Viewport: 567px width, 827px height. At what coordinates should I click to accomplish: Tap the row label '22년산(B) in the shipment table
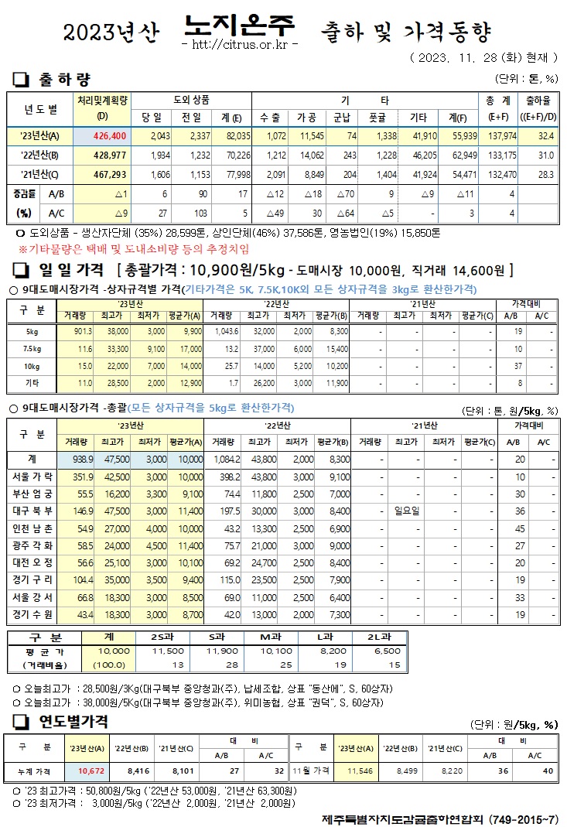pyautogui.click(x=39, y=155)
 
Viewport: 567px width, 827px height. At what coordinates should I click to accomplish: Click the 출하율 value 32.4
pyautogui.click(x=545, y=136)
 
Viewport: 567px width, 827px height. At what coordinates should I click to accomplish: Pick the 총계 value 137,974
pyautogui.click(x=500, y=136)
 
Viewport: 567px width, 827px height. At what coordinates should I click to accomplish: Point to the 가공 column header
pyautogui.click(x=307, y=117)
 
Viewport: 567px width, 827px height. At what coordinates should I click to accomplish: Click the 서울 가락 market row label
pyautogui.click(x=34, y=476)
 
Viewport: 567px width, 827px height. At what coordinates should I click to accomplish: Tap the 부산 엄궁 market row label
pyautogui.click(x=34, y=494)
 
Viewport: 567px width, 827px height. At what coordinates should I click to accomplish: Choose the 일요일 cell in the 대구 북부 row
pyautogui.click(x=407, y=511)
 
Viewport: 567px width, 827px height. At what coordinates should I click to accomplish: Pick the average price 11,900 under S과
pyautogui.click(x=220, y=651)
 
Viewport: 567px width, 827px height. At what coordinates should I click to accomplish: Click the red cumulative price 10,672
pyautogui.click(x=91, y=771)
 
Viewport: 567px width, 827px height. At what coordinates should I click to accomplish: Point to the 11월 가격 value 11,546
pyautogui.click(x=360, y=771)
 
